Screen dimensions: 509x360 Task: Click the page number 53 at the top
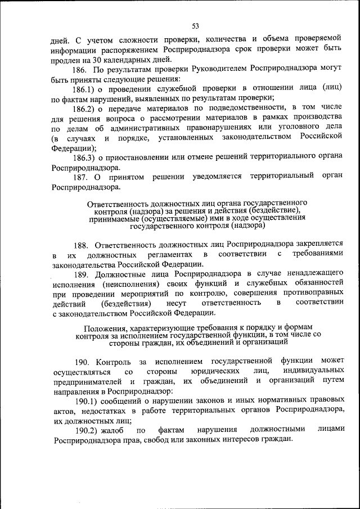tap(195, 26)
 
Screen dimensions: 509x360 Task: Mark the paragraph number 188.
tap(82, 245)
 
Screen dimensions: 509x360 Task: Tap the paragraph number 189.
tap(82, 274)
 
